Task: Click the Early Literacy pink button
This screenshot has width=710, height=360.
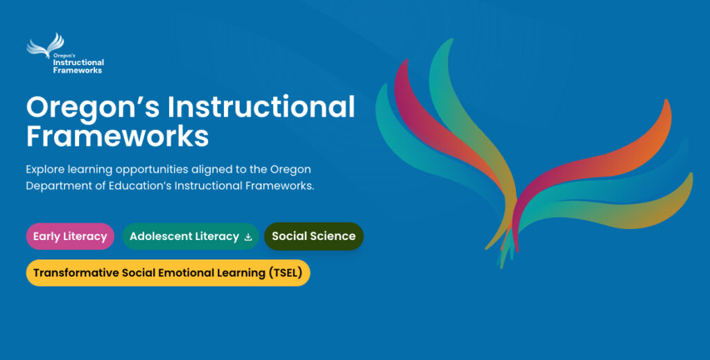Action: [70, 237]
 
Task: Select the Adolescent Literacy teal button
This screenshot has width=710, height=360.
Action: [190, 237]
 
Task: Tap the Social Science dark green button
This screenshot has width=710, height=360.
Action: [313, 237]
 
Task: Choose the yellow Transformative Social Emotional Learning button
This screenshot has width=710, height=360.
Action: [168, 273]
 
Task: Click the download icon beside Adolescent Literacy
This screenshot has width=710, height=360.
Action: [248, 237]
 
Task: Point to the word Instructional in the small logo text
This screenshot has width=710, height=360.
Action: [78, 63]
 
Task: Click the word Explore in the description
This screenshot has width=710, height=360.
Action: [46, 169]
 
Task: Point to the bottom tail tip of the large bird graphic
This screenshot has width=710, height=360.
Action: [502, 263]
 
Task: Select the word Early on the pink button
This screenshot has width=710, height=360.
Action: [46, 237]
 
